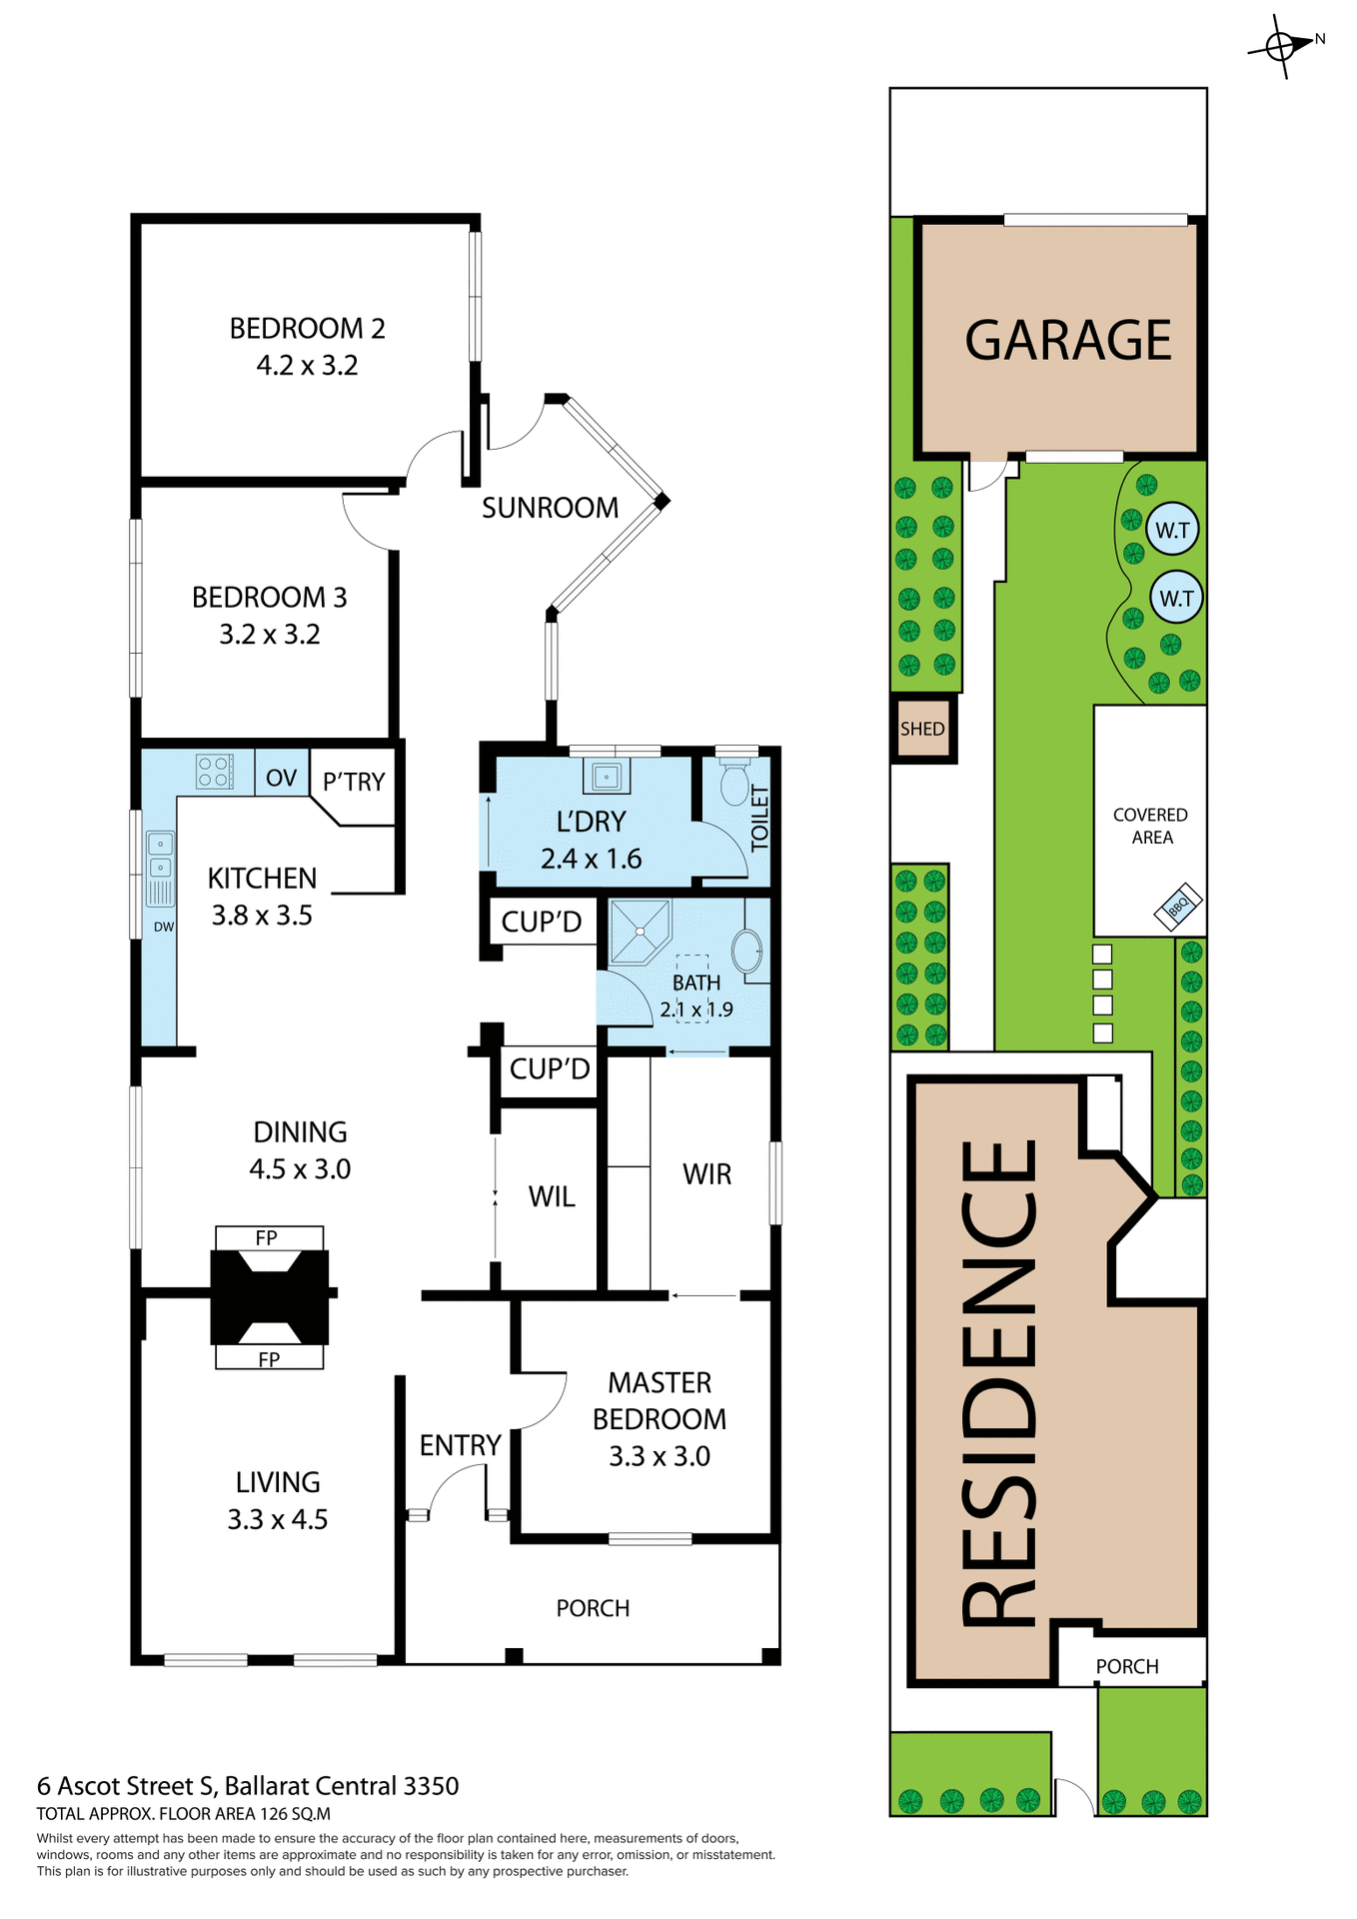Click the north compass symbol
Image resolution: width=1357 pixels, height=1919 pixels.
(x=1282, y=46)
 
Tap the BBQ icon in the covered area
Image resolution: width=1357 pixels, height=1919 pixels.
(x=1178, y=907)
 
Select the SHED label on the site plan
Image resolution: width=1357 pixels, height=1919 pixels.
(x=921, y=729)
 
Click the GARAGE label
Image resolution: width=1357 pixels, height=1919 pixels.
(x=1067, y=340)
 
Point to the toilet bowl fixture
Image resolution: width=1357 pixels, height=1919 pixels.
(x=734, y=785)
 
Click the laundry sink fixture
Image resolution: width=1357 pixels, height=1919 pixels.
(x=606, y=777)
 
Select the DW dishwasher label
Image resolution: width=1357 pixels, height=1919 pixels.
(x=164, y=927)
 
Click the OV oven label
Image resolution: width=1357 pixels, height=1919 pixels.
(x=281, y=778)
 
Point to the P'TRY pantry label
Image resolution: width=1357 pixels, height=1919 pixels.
(x=354, y=782)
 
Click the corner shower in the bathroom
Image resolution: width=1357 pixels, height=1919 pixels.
(x=640, y=929)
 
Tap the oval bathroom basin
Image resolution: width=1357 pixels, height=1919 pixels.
(x=746, y=951)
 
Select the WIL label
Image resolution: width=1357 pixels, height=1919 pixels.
(x=552, y=1196)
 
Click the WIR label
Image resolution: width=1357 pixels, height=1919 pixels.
(x=707, y=1174)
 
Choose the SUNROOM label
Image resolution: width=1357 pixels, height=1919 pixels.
(x=550, y=508)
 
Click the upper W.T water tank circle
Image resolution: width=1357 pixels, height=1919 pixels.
(x=1172, y=529)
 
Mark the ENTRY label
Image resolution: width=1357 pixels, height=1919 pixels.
(x=460, y=1445)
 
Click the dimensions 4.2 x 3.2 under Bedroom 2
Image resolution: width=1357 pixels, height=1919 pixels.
(x=307, y=366)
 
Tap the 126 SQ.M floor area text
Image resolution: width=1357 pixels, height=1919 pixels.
(x=295, y=1813)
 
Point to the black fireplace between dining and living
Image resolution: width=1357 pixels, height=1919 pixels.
(x=269, y=1296)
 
